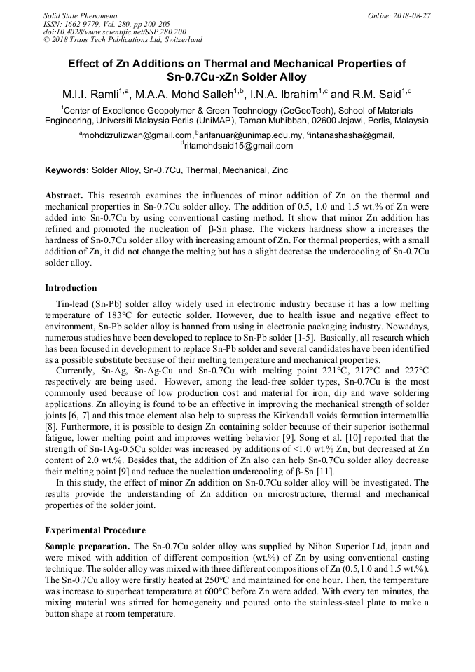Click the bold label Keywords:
pos(67,170)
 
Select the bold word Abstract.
pos(63,195)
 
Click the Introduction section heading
pos(71,288)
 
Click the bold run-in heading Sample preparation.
pos(87,547)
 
